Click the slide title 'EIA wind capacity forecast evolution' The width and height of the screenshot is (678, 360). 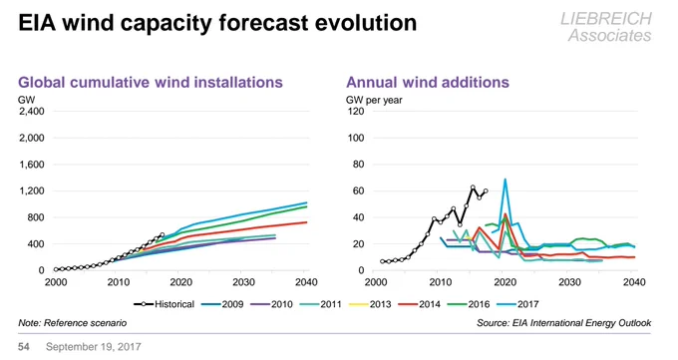(217, 23)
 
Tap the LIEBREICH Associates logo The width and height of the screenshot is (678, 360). (606, 27)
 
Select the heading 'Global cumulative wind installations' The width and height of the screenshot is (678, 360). (151, 82)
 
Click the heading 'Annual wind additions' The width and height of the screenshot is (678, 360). (428, 82)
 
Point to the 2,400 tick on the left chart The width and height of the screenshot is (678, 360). (32, 112)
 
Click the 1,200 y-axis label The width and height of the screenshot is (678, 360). (32, 190)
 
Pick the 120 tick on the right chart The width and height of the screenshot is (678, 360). (355, 112)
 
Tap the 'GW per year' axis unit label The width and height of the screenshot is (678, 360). (374, 100)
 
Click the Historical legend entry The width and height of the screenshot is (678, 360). (165, 304)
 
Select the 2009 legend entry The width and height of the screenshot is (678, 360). (222, 304)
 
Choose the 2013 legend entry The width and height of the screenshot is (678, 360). (370, 304)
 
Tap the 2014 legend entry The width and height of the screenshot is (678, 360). (419, 304)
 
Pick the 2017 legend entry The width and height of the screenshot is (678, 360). (517, 304)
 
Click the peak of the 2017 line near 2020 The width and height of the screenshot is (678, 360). (505, 180)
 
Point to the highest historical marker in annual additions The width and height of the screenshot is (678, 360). (473, 187)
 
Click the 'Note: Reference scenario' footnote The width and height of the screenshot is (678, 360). (72, 323)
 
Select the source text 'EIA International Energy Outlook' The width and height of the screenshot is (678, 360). (581, 323)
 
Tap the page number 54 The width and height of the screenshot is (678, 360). (23, 347)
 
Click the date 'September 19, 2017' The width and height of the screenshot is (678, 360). (94, 347)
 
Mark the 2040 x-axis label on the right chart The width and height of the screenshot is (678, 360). (634, 282)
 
